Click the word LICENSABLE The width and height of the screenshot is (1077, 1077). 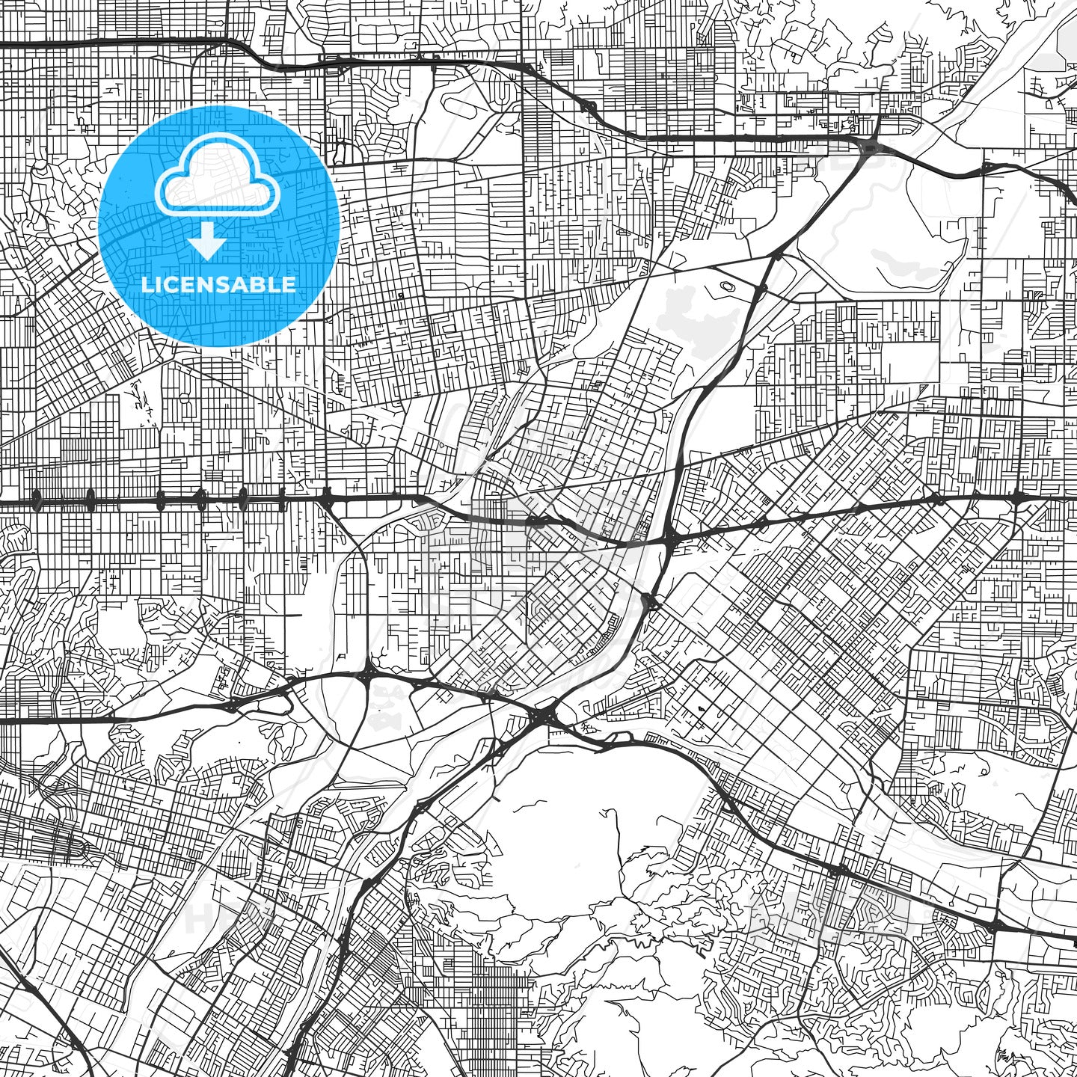(x=218, y=285)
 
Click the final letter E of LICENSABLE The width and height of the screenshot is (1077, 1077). (x=289, y=285)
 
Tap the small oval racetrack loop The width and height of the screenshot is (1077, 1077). (x=727, y=285)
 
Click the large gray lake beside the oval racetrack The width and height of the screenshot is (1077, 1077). (x=692, y=318)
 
